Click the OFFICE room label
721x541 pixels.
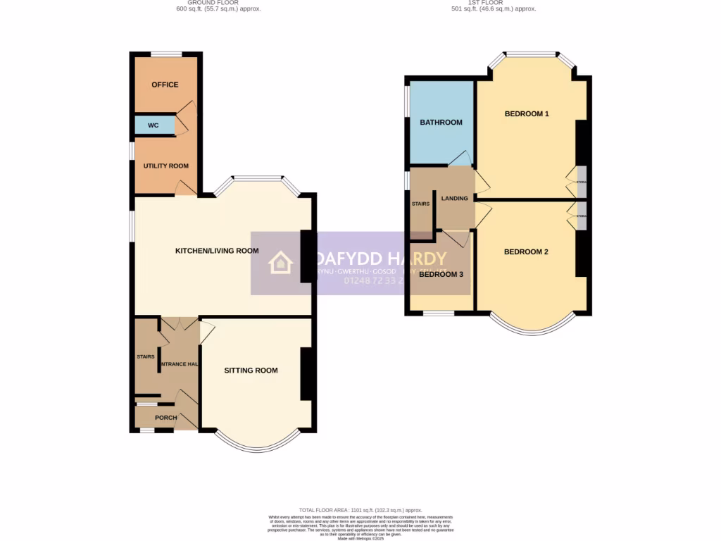pos(165,85)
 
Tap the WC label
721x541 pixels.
pos(153,126)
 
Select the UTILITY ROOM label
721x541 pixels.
pos(166,166)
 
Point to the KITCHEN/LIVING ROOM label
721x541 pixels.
pos(217,251)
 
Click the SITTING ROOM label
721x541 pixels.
pos(251,371)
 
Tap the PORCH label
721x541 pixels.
pos(166,418)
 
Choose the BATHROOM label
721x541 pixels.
pos(441,123)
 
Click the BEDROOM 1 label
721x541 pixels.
pos(527,114)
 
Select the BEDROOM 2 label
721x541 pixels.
pos(526,252)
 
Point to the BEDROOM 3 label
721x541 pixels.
pos(441,275)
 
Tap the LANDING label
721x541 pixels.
pos(455,199)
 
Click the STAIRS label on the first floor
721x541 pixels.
pos(421,204)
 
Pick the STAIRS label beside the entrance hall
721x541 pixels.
pos(146,357)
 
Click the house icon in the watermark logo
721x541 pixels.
pos(280,263)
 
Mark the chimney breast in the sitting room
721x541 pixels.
pos(307,374)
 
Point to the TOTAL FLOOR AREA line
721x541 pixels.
pos(360,510)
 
